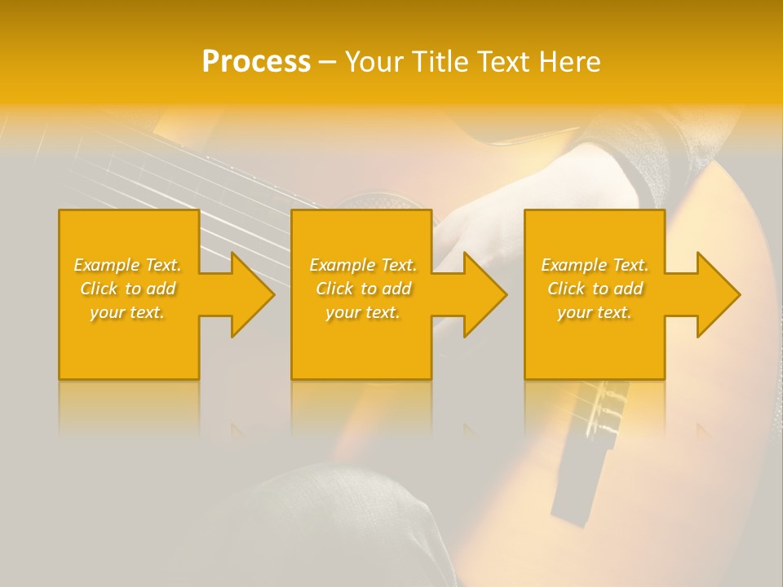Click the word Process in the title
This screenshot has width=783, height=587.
pyautogui.click(x=256, y=62)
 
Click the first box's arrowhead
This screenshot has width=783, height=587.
pyautogui.click(x=250, y=294)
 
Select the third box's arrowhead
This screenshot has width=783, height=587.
pyautogui.click(x=716, y=294)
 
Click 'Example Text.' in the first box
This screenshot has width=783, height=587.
pyautogui.click(x=127, y=265)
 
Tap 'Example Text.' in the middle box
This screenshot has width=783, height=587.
pyautogui.click(x=363, y=265)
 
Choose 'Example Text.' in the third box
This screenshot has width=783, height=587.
pyautogui.click(x=595, y=265)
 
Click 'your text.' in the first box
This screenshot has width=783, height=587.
pyautogui.click(x=127, y=312)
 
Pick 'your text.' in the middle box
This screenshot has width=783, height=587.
pyautogui.click(x=363, y=312)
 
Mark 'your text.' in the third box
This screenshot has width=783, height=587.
pyautogui.click(x=595, y=312)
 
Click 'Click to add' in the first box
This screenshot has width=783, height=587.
pyautogui.click(x=127, y=289)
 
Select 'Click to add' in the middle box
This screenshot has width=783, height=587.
pyautogui.click(x=363, y=289)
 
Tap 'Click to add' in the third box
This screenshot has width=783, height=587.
pyautogui.click(x=595, y=289)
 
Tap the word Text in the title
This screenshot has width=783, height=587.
pyautogui.click(x=502, y=62)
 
